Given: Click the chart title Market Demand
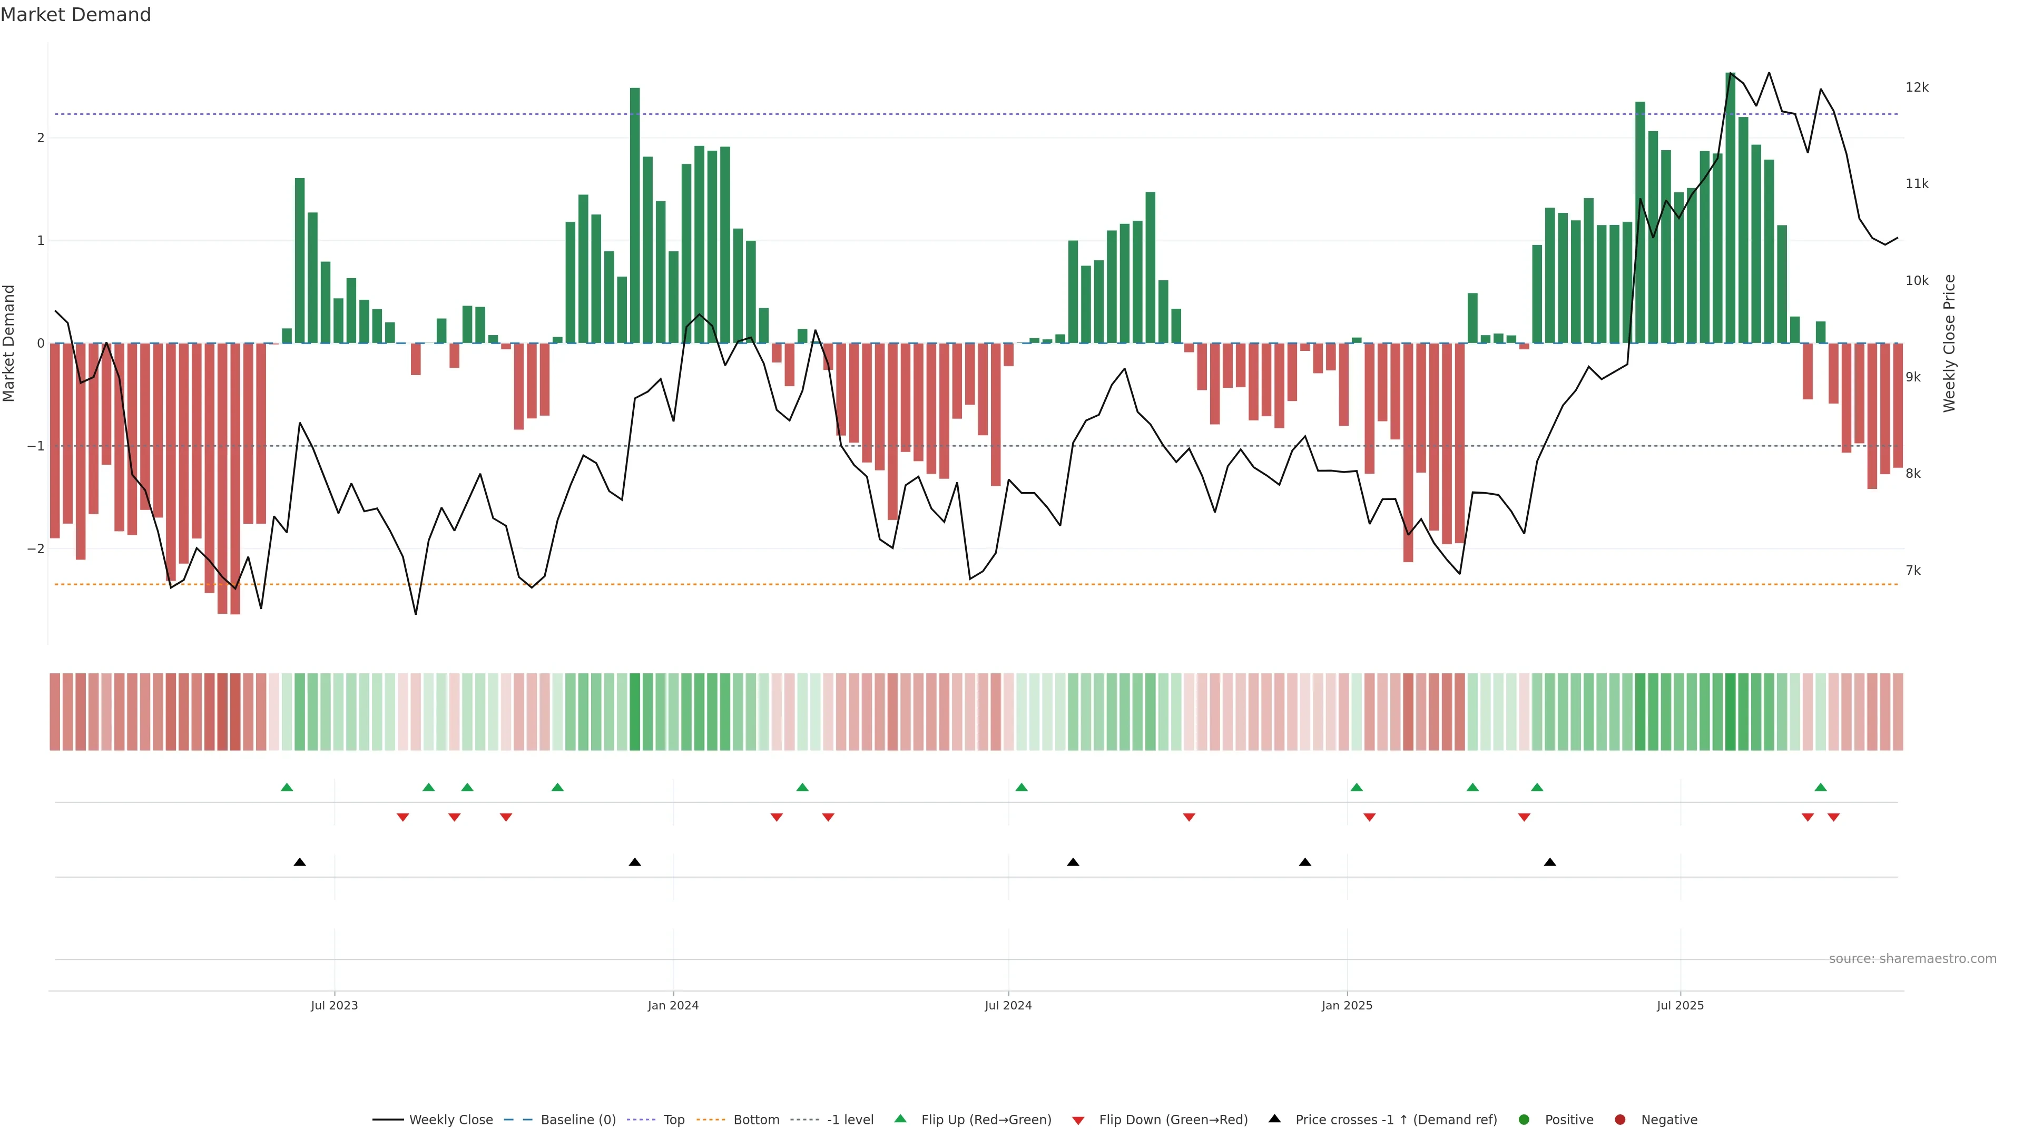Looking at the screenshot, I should [75, 15].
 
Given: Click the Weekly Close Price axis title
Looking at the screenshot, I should [1949, 343].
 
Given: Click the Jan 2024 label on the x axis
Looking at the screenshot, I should [673, 1005].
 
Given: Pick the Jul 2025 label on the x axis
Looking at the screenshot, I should [1680, 1005].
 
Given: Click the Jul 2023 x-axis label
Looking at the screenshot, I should [334, 1005].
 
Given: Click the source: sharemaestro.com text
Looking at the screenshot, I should [1912, 959].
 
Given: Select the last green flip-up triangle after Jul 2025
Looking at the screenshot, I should [1820, 787].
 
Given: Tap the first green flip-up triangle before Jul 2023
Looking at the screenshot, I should [287, 787].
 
